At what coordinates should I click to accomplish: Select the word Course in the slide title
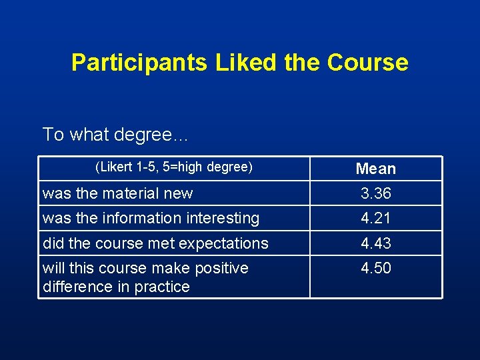pos(367,63)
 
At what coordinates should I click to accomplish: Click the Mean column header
pos(376,169)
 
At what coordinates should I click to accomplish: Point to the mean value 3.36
pos(376,193)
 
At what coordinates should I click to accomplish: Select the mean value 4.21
pos(376,218)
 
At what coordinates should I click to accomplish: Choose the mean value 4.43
pos(376,243)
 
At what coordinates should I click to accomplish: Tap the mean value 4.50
pos(376,268)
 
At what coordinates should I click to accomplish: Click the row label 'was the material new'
pos(117,193)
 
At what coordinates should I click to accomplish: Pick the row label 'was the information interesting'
pos(151,218)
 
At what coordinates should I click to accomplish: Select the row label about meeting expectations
pos(155,243)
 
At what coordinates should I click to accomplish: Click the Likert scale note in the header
pos(174,167)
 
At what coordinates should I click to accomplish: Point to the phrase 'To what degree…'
pos(116,135)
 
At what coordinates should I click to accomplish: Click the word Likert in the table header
pos(115,167)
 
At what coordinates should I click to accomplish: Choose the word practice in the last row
pos(165,287)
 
